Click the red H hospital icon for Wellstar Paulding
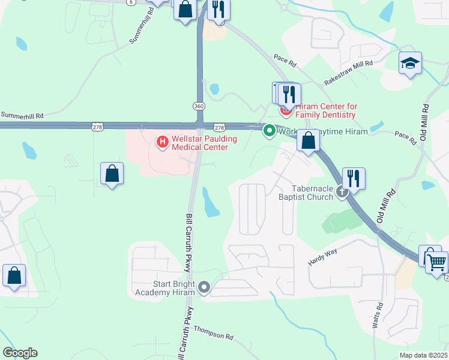(x=161, y=142)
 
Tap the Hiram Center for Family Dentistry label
(x=325, y=110)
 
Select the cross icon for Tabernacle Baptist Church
(x=342, y=192)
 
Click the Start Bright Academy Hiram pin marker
(x=204, y=288)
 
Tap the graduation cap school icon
(x=411, y=63)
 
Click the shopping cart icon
(x=436, y=261)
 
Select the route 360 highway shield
(x=199, y=106)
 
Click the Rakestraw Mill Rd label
(x=349, y=71)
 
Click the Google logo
(x=20, y=353)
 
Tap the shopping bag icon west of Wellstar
(x=112, y=174)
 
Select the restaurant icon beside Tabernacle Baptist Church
(x=354, y=178)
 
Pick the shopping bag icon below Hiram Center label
(x=308, y=142)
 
